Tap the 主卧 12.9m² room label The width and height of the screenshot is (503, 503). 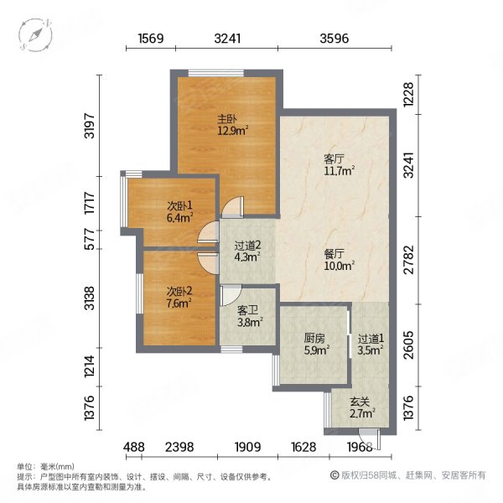(x=227, y=125)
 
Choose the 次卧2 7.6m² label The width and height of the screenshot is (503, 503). (x=179, y=298)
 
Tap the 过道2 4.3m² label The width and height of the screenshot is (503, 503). (x=247, y=252)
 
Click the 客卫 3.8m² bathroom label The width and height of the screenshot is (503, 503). (x=249, y=314)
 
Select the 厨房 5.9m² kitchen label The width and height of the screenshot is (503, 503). (x=315, y=346)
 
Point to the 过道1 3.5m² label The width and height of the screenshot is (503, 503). (x=369, y=346)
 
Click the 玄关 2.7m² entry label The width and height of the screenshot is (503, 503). (x=362, y=407)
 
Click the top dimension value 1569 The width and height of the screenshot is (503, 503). (x=150, y=38)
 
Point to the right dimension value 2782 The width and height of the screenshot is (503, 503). (x=409, y=260)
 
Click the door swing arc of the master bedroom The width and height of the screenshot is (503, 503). (x=233, y=206)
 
